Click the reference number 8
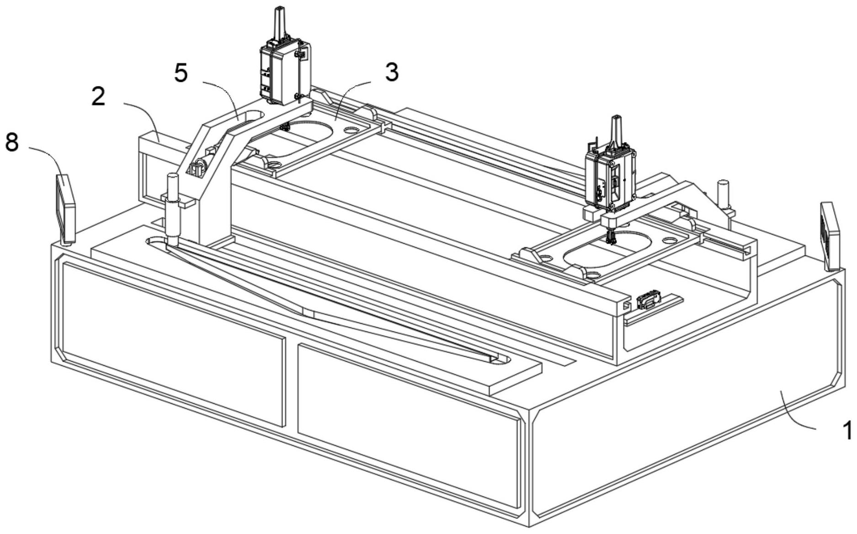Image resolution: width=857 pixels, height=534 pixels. (12, 142)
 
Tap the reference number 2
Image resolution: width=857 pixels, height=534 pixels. (98, 96)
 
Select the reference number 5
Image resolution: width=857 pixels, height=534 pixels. (181, 73)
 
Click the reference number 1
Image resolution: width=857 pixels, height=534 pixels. (846, 430)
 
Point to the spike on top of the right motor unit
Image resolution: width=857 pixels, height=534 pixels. (615, 130)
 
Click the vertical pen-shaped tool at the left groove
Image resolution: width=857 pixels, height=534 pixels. (173, 208)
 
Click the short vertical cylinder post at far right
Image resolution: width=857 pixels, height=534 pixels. (723, 192)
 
